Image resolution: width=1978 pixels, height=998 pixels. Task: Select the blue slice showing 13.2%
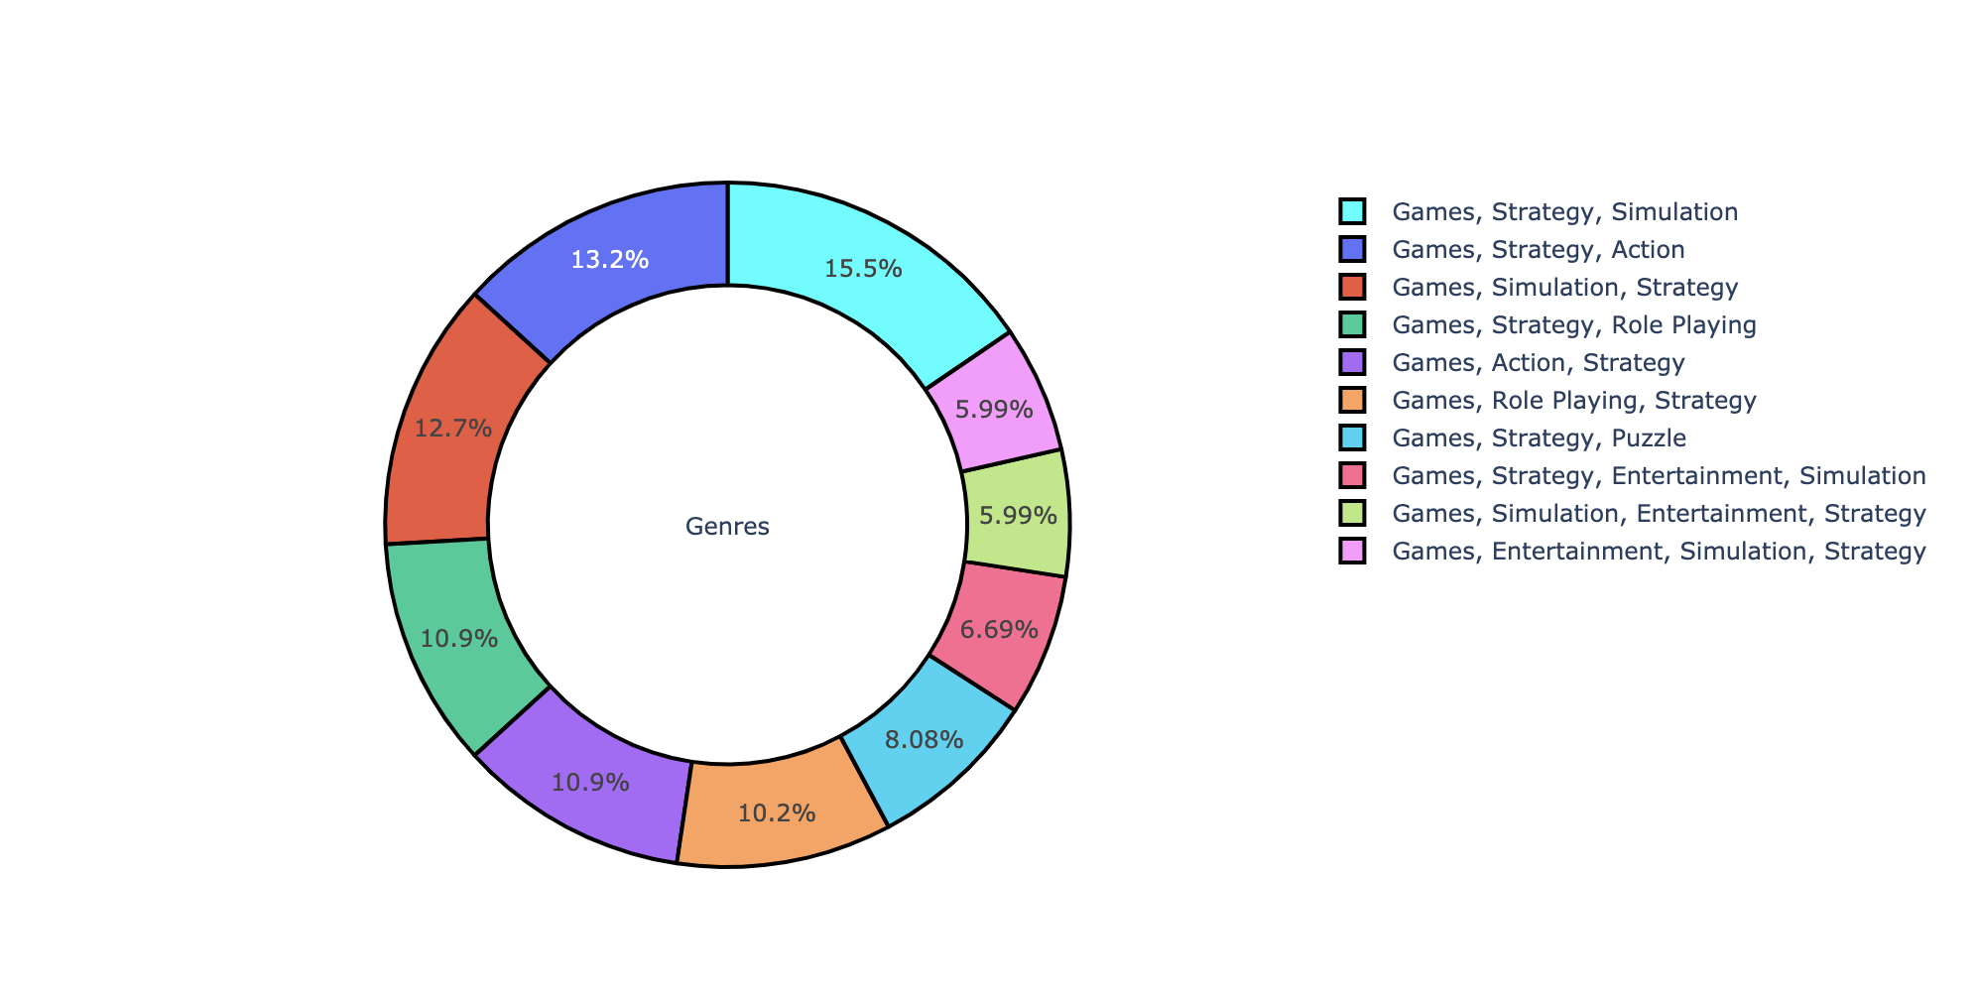(610, 260)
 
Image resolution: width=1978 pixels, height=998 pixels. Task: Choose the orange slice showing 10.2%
(778, 813)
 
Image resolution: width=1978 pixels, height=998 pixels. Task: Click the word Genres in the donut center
(727, 527)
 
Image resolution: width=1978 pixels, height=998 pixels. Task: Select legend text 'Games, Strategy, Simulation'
(1565, 211)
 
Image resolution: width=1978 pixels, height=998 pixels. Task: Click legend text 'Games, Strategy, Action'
(1539, 249)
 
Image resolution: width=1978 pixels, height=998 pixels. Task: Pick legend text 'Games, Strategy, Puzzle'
(1540, 437)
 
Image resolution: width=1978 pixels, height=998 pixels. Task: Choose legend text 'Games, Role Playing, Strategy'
(1574, 400)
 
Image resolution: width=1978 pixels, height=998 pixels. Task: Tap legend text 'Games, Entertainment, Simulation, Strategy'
(1660, 551)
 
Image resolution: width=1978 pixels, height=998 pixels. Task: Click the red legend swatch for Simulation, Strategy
(1352, 287)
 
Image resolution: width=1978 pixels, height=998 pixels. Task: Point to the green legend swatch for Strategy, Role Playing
(1352, 324)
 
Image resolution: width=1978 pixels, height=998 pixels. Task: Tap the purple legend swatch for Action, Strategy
(1352, 362)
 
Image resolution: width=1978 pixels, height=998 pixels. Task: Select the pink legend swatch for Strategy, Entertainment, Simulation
(1352, 475)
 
